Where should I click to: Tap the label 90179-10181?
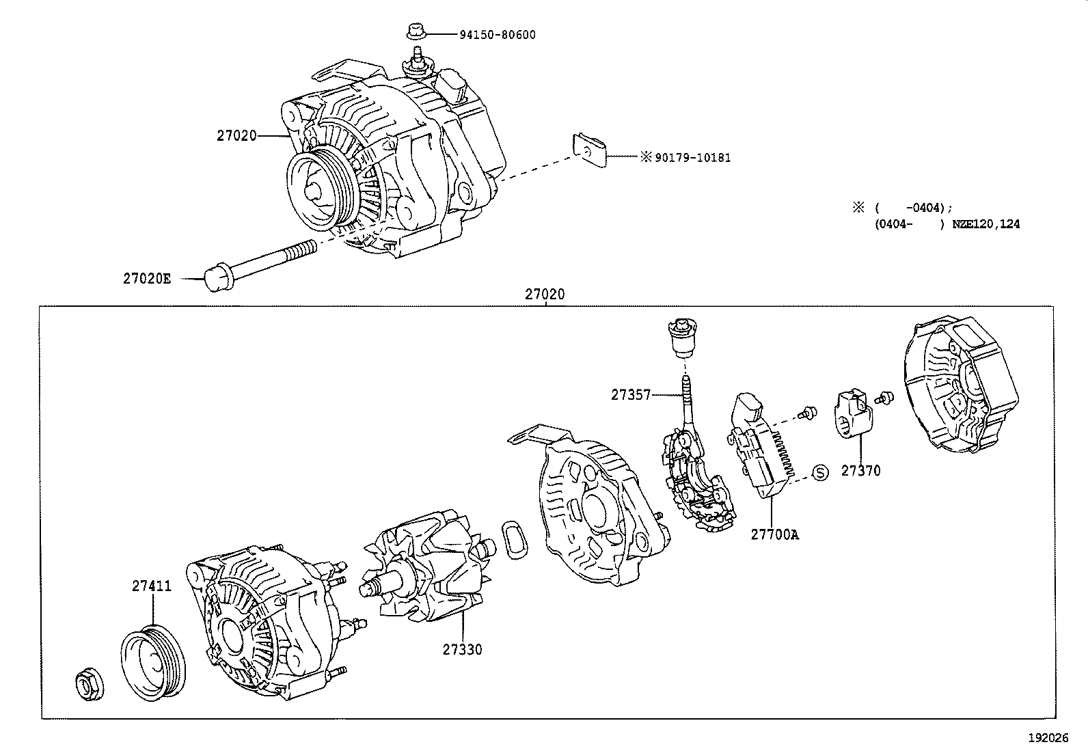click(692, 158)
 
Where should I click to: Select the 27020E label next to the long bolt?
click(147, 278)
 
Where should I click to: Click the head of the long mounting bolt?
click(217, 280)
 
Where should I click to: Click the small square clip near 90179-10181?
click(588, 151)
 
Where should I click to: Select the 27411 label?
click(152, 586)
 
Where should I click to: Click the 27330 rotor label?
click(462, 649)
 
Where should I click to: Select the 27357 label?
click(631, 395)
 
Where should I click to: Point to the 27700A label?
click(774, 534)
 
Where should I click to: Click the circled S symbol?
click(820, 472)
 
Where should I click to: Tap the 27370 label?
click(860, 471)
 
